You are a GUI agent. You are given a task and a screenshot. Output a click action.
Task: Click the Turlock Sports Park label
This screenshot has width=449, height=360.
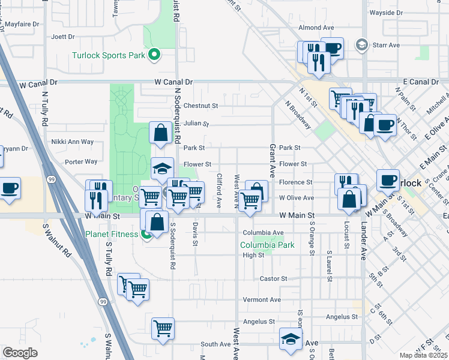coord(109,55)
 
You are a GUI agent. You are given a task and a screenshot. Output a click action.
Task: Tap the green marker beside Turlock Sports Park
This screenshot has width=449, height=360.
coord(154,55)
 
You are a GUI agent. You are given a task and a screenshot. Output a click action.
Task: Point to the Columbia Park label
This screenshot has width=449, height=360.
coord(267,245)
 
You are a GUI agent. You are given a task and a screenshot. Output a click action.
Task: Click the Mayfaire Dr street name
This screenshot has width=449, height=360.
coord(21,25)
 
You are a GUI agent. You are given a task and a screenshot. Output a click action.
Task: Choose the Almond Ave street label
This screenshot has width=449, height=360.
coord(316,28)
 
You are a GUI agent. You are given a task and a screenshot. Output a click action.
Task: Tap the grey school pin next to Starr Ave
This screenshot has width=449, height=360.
coord(361,45)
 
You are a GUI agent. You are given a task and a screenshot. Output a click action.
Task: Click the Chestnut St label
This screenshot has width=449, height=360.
coord(200,105)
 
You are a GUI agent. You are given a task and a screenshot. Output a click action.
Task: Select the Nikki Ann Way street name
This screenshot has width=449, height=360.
coord(73,142)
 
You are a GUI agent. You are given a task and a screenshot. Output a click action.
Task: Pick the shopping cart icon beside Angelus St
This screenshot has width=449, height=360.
coord(163,328)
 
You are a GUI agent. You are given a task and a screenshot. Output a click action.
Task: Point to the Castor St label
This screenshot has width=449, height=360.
coord(274,278)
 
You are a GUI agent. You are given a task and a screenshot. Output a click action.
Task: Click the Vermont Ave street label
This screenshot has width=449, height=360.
coord(262,299)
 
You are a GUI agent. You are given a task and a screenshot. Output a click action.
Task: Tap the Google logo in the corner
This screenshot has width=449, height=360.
coord(20,352)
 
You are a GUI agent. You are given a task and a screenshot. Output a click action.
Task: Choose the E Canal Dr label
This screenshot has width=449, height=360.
coord(421,82)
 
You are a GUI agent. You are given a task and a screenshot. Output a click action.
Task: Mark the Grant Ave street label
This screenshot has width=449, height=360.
coord(272,160)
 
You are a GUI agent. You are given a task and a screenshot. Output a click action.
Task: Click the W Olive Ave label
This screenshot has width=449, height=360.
coord(296,197)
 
